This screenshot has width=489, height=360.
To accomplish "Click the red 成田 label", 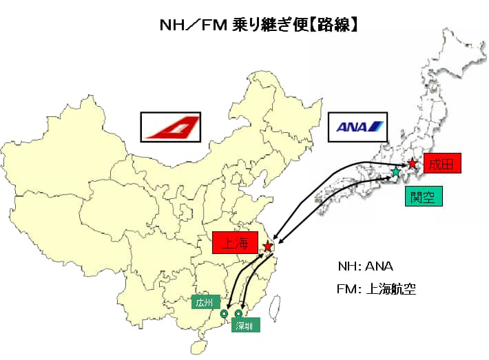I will pos(441,164).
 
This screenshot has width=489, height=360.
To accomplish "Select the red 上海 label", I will pos(235,242).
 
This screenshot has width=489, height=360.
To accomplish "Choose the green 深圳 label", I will pos(245,325).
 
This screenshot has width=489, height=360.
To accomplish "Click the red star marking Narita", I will pos(412,164).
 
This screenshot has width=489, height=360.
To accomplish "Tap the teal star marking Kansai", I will pos(396,171).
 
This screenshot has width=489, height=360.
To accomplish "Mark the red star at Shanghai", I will pos(268,246).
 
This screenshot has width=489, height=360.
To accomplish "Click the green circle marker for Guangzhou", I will pos(224,314).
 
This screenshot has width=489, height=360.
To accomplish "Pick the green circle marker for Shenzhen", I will pos(238,314).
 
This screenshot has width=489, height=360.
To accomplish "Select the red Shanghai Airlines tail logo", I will pos(171,127).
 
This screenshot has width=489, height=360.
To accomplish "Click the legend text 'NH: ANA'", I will pos(366,266).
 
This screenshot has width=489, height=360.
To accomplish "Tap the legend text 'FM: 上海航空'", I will pos(377,289).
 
